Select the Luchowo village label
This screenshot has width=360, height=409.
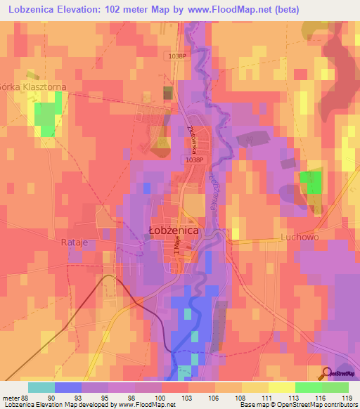(299, 238)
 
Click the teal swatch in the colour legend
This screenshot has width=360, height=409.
(41, 387)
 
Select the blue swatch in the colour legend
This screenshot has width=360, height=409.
(68, 387)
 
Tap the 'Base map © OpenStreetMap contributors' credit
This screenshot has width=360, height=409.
(303, 405)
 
